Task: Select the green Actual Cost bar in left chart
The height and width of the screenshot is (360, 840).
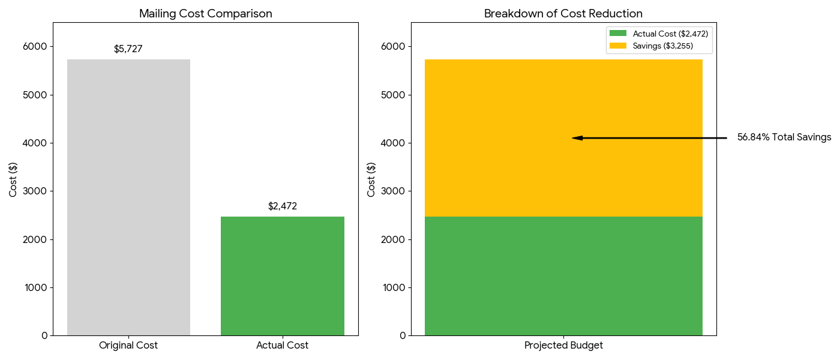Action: tap(282, 275)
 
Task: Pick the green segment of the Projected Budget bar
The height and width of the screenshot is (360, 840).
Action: tap(563, 275)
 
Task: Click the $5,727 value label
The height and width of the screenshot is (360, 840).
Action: tap(128, 49)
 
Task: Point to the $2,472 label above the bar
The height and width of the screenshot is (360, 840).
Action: tap(282, 206)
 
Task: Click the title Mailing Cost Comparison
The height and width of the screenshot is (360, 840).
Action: tap(205, 14)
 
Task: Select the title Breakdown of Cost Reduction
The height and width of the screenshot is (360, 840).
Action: tap(563, 14)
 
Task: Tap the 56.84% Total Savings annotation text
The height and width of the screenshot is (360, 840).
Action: tap(784, 137)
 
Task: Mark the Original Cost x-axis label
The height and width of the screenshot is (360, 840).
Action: tap(128, 346)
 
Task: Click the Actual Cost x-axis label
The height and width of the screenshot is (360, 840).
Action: tap(282, 346)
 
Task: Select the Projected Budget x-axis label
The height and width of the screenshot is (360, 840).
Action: tap(563, 346)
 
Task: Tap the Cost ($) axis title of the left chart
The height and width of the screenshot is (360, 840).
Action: tap(13, 179)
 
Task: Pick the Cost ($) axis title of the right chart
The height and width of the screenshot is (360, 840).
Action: tap(371, 179)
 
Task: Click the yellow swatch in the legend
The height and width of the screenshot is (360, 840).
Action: tap(618, 46)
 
